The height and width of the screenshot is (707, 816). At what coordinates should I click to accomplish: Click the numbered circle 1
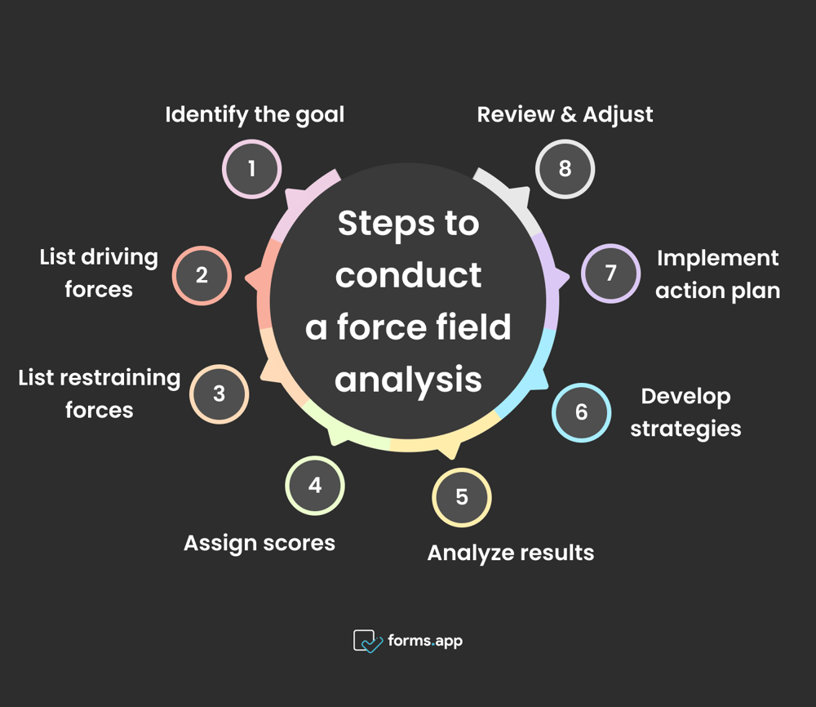click(252, 169)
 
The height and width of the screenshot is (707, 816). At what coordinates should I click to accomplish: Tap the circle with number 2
click(202, 275)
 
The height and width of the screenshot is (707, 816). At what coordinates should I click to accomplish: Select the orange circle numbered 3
click(219, 394)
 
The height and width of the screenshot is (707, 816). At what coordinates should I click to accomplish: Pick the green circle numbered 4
click(315, 486)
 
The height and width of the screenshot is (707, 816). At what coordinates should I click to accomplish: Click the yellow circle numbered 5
click(462, 497)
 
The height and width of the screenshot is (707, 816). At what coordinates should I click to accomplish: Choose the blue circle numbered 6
click(581, 412)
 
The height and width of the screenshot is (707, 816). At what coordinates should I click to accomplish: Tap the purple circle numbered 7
click(610, 273)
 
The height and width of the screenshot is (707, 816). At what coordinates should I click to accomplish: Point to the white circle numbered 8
click(565, 169)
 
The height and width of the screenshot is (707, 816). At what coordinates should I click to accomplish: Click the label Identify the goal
click(255, 114)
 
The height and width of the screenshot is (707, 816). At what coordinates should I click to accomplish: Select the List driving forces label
click(99, 273)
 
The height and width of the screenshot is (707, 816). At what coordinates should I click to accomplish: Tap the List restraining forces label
click(99, 394)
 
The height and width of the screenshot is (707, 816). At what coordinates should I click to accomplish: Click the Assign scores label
click(259, 543)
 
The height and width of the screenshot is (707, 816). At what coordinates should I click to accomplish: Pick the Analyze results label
click(511, 553)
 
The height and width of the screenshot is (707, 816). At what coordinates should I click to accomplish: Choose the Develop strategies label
click(685, 412)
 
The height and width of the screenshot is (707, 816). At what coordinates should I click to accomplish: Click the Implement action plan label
click(718, 273)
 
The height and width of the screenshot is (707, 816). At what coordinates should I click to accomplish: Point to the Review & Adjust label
click(565, 114)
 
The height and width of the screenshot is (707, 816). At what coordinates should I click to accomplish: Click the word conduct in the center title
click(408, 276)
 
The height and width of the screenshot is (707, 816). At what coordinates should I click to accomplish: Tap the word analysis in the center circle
click(408, 380)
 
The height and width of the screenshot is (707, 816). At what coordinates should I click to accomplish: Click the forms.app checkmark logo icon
click(367, 641)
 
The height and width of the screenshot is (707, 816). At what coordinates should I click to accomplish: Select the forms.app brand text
click(425, 641)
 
